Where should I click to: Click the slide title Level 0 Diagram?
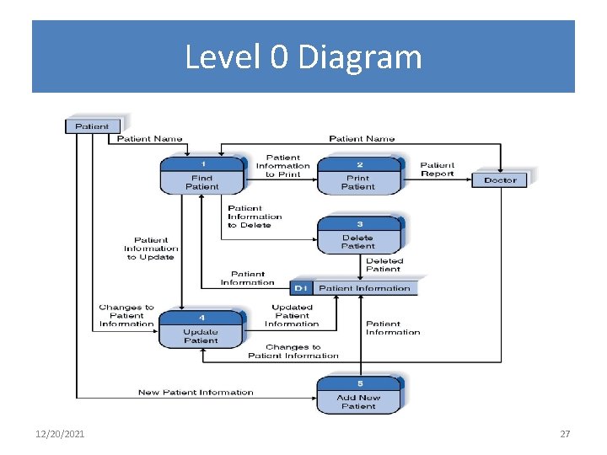(303, 57)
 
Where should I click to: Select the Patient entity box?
(92, 126)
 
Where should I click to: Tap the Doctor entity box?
(500, 180)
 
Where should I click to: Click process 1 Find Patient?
(201, 176)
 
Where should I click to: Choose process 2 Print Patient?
(358, 176)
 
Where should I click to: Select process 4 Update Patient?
(201, 329)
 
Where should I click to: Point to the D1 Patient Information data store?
(354, 288)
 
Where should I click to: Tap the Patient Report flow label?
(437, 169)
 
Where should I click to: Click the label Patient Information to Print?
(282, 166)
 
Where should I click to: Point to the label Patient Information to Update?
(151, 249)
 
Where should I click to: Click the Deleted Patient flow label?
(384, 265)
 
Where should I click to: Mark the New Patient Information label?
(196, 392)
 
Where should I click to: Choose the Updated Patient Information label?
(292, 315)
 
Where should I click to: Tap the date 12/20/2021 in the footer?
(60, 434)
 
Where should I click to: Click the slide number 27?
(565, 434)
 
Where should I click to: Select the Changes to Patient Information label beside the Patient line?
(126, 315)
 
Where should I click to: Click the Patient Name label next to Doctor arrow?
(362, 138)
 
